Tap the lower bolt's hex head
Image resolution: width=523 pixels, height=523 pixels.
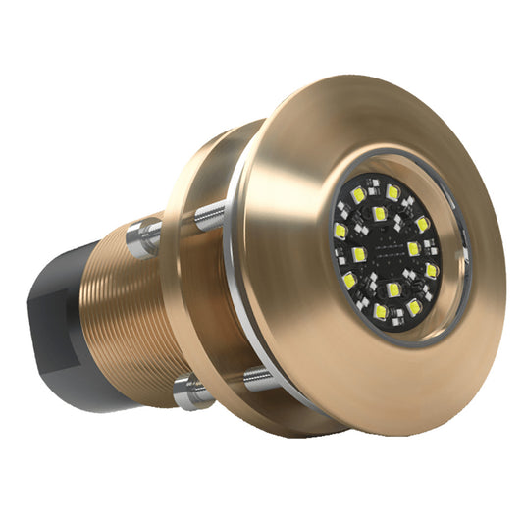(x=187, y=393)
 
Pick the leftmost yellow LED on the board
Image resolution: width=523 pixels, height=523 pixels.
(x=340, y=232)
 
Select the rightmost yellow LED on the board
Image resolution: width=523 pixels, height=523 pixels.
(x=432, y=269)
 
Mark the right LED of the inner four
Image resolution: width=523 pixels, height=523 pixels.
(x=414, y=248)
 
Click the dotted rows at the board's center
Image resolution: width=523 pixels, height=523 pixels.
(x=388, y=254)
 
